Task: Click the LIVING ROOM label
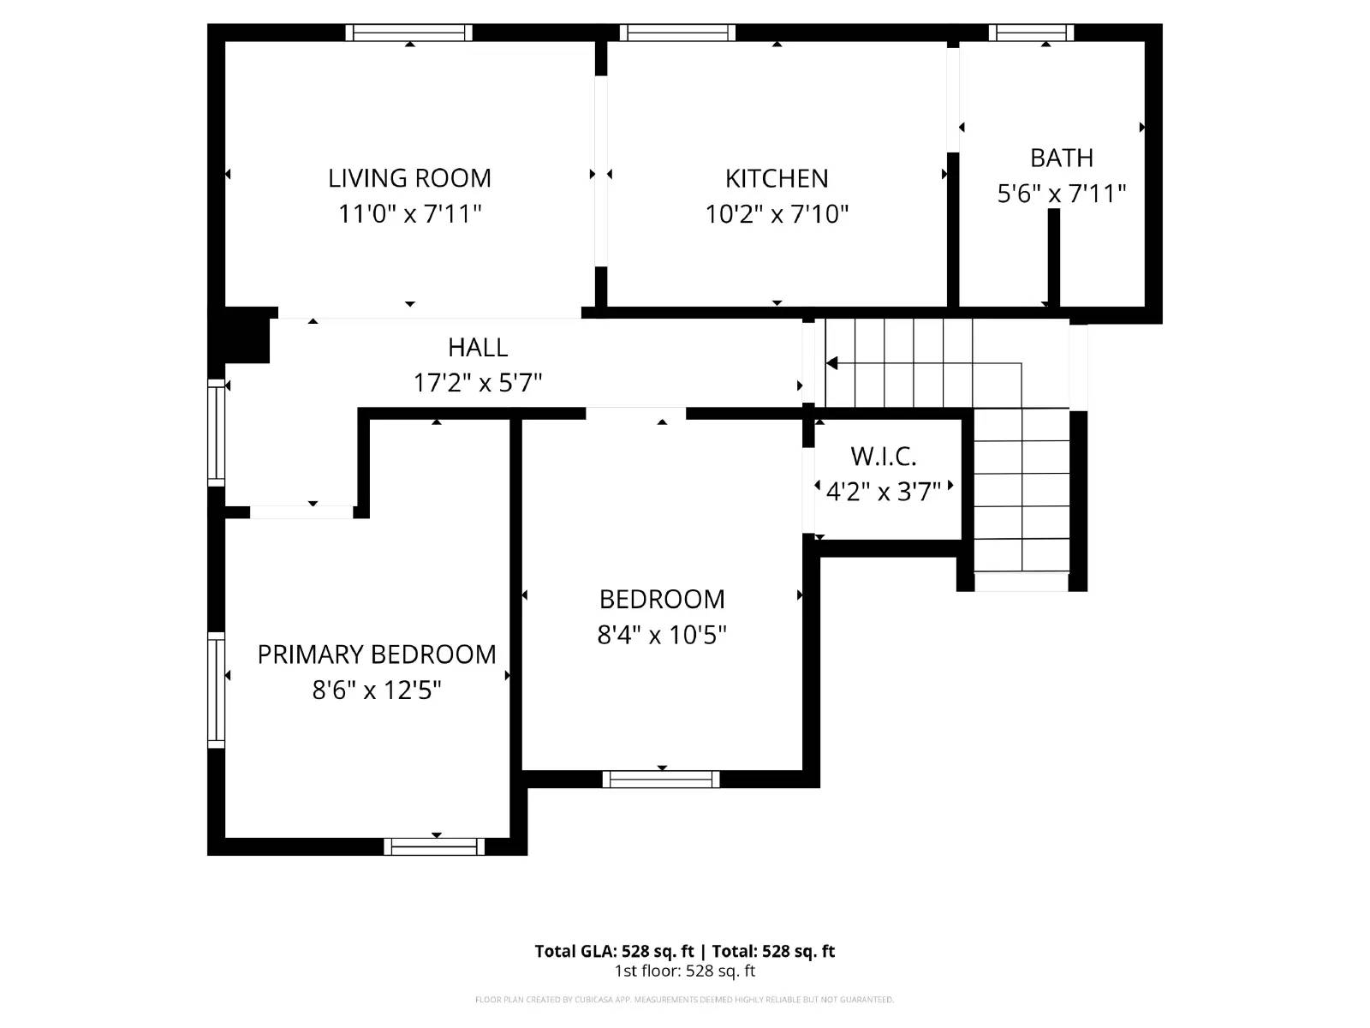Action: [x=409, y=178]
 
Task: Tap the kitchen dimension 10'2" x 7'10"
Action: [x=777, y=213]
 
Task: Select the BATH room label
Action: [x=1061, y=158]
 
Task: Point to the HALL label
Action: [x=478, y=347]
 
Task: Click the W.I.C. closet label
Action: [x=883, y=457]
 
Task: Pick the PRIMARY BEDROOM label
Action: [x=377, y=654]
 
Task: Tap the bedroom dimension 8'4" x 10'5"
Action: [x=662, y=635]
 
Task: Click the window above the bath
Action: [x=1031, y=33]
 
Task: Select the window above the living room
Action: [x=409, y=33]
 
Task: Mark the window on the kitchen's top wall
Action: [x=677, y=33]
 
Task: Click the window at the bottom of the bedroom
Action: [x=661, y=779]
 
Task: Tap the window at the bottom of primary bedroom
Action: [x=434, y=846]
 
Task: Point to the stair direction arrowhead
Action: [x=831, y=363]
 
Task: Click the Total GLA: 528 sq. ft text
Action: [x=614, y=951]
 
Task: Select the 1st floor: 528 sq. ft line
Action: [x=684, y=971]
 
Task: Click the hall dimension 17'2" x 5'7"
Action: [x=478, y=382]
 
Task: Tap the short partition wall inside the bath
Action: [x=1054, y=257]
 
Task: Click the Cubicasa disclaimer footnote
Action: [x=684, y=1000]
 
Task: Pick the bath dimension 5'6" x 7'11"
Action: [x=1061, y=194]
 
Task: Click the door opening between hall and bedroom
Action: [x=635, y=414]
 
